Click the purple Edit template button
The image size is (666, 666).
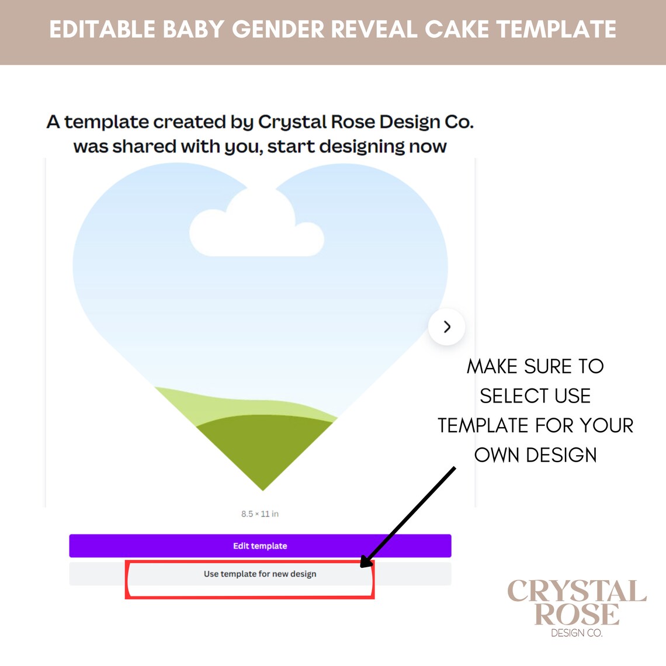pos(260,546)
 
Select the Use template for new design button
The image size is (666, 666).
pos(260,574)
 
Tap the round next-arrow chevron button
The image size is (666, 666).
pos(447,327)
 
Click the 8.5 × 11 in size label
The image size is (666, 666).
pos(260,514)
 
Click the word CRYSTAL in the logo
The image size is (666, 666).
pos(577,592)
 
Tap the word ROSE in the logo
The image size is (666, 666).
pos(577,615)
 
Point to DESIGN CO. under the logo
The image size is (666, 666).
pos(577,633)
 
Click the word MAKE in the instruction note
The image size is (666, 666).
pos(492,366)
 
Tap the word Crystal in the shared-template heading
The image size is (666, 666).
pos(292,122)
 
